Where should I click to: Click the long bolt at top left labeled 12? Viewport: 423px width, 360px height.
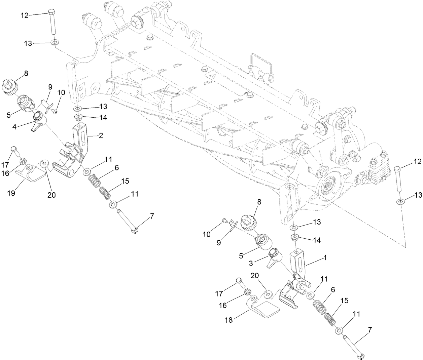pos(53,22)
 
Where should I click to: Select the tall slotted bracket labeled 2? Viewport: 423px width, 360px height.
pos(82,141)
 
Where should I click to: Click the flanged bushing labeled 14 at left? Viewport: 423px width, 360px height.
pos(79,118)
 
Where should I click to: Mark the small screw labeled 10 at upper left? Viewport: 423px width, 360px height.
pos(55,112)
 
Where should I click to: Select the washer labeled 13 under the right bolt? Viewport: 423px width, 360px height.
pos(400,202)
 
